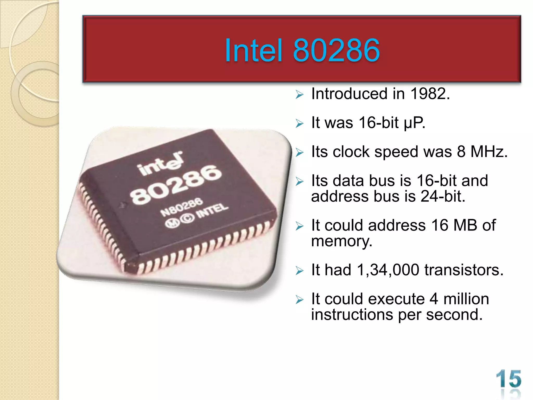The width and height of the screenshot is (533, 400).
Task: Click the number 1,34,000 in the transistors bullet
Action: (388, 270)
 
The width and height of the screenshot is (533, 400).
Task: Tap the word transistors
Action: (464, 270)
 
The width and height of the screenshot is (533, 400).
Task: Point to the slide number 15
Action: (509, 379)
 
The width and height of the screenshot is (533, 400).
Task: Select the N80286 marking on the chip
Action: (182, 207)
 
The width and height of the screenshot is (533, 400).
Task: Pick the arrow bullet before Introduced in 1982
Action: (300, 94)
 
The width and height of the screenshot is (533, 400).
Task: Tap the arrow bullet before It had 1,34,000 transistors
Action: (300, 271)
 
